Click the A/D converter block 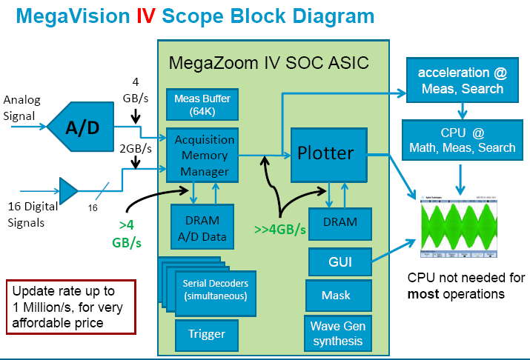pyautogui.click(x=82, y=127)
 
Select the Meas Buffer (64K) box pyautogui.click(x=202, y=104)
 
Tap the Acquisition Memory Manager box pyautogui.click(x=204, y=156)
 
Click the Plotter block pyautogui.click(x=330, y=153)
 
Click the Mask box pyautogui.click(x=336, y=296)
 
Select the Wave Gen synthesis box pyautogui.click(x=337, y=333)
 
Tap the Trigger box pyautogui.click(x=207, y=334)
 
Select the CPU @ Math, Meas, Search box pyautogui.click(x=462, y=140)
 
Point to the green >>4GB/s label pyautogui.click(x=280, y=229)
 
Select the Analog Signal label pyautogui.click(x=23, y=107)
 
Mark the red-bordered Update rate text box pyautogui.click(x=71, y=306)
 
